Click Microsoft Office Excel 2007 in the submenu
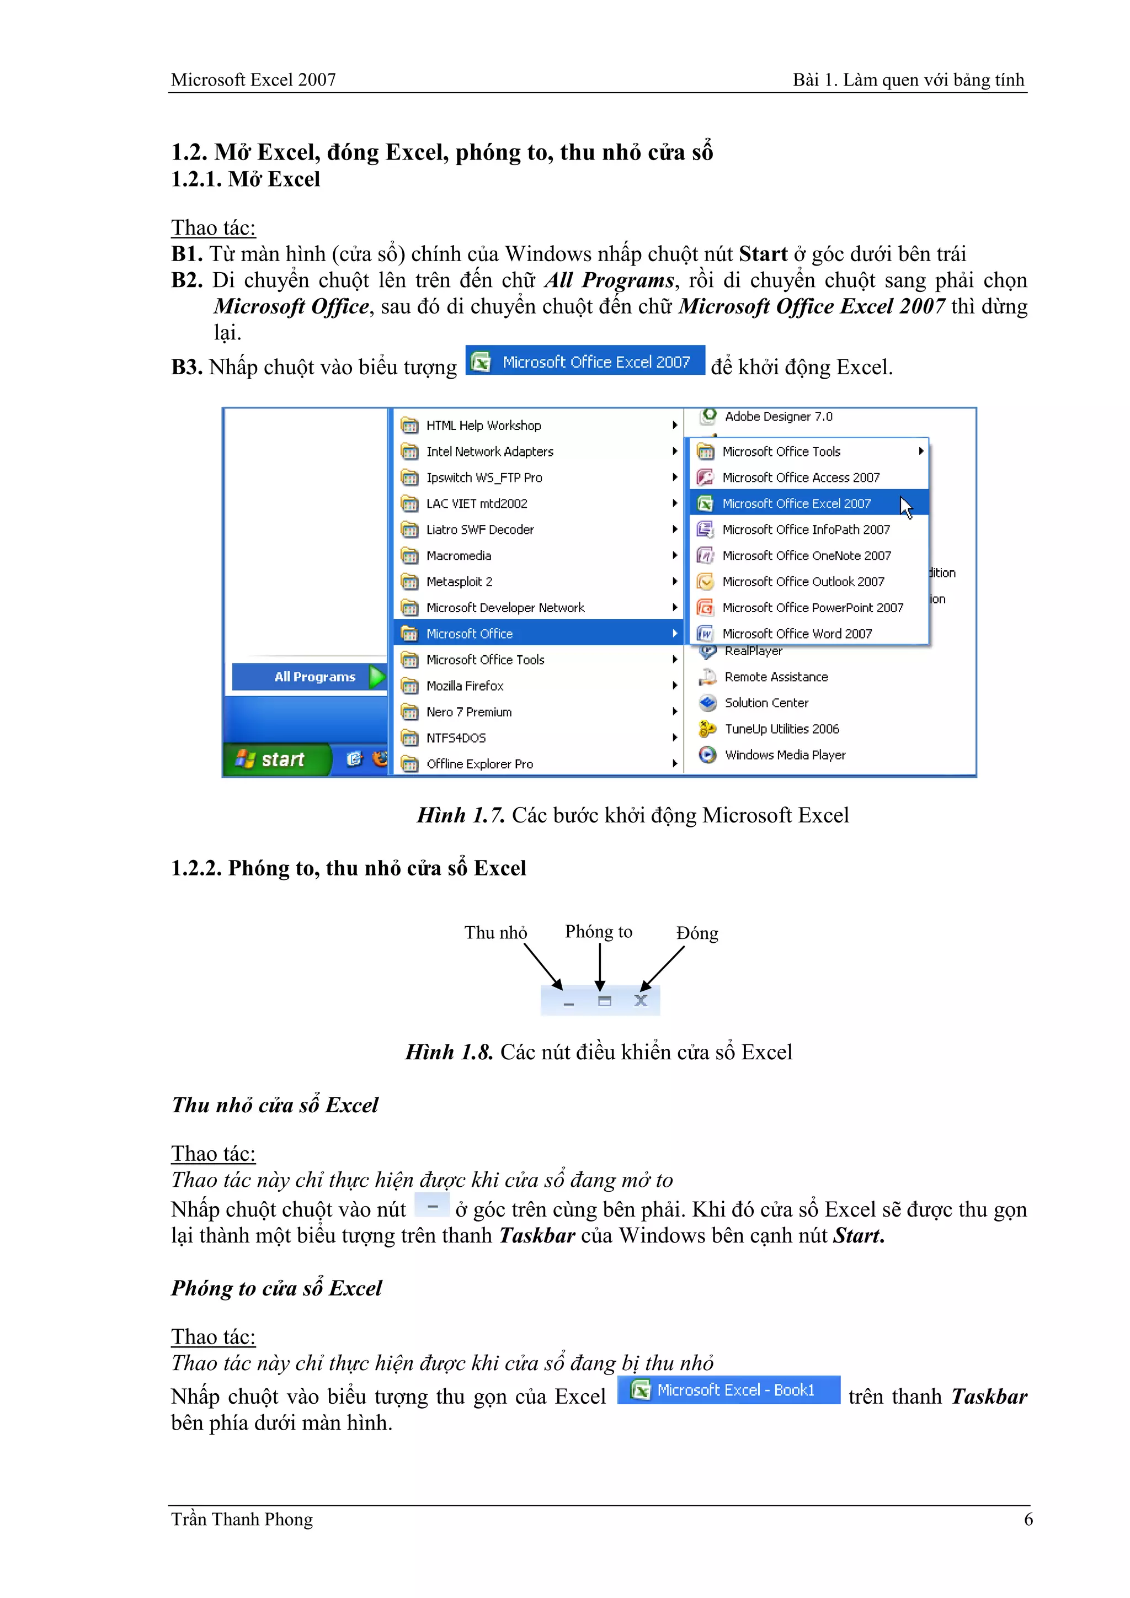tap(796, 503)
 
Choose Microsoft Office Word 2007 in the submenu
tap(797, 633)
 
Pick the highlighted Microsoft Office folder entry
tap(470, 633)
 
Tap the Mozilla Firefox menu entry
tap(465, 686)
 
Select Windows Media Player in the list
tap(785, 755)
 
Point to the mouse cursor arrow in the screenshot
tap(905, 507)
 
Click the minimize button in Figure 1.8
tap(568, 1003)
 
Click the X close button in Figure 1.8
tap(641, 1001)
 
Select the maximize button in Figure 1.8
tap(604, 1001)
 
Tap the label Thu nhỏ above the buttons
tap(495, 933)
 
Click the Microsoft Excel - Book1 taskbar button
tap(728, 1390)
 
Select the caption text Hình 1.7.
tap(461, 815)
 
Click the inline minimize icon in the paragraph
tap(432, 1206)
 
